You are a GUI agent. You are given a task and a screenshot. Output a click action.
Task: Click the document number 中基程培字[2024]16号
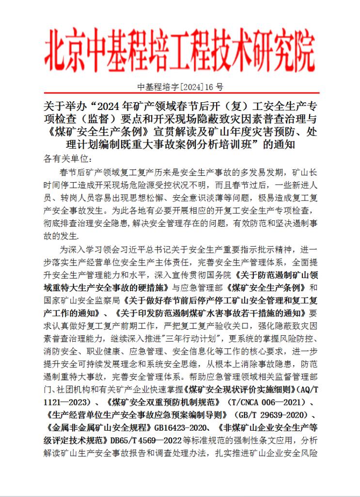(180, 88)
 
